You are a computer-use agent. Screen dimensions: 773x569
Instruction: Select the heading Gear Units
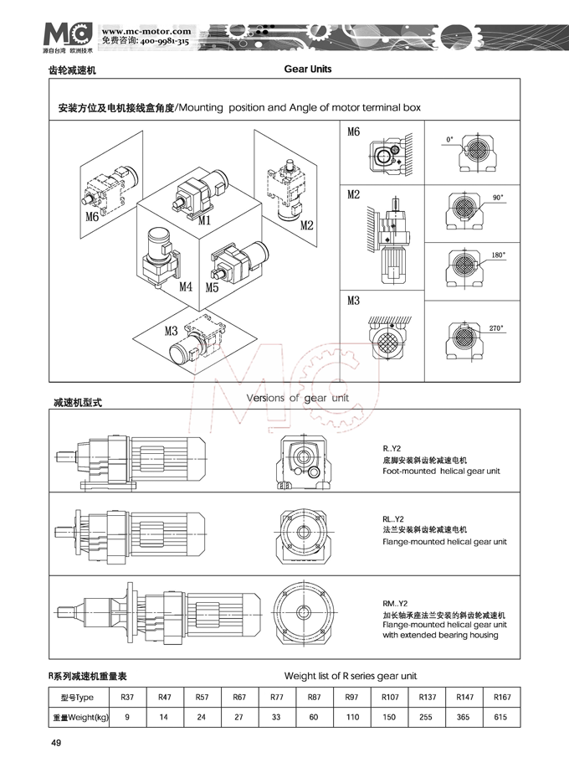tap(309, 70)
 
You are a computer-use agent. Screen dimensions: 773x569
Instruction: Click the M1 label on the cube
tap(204, 221)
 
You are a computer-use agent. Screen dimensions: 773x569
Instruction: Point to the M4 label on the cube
tap(186, 286)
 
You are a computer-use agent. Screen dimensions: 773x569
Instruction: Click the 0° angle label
tap(450, 140)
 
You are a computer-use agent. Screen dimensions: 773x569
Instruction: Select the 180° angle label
tap(500, 253)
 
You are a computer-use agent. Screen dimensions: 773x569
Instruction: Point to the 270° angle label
tap(496, 328)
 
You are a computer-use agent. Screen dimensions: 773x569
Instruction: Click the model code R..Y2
tap(393, 449)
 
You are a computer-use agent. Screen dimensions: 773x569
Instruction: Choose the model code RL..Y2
tap(395, 519)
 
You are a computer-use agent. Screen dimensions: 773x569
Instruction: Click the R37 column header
tap(128, 697)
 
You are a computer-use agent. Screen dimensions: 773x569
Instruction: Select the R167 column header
tap(502, 697)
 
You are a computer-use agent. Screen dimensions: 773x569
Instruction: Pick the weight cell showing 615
tap(502, 719)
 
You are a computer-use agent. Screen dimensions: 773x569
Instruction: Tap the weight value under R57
tap(202, 719)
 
